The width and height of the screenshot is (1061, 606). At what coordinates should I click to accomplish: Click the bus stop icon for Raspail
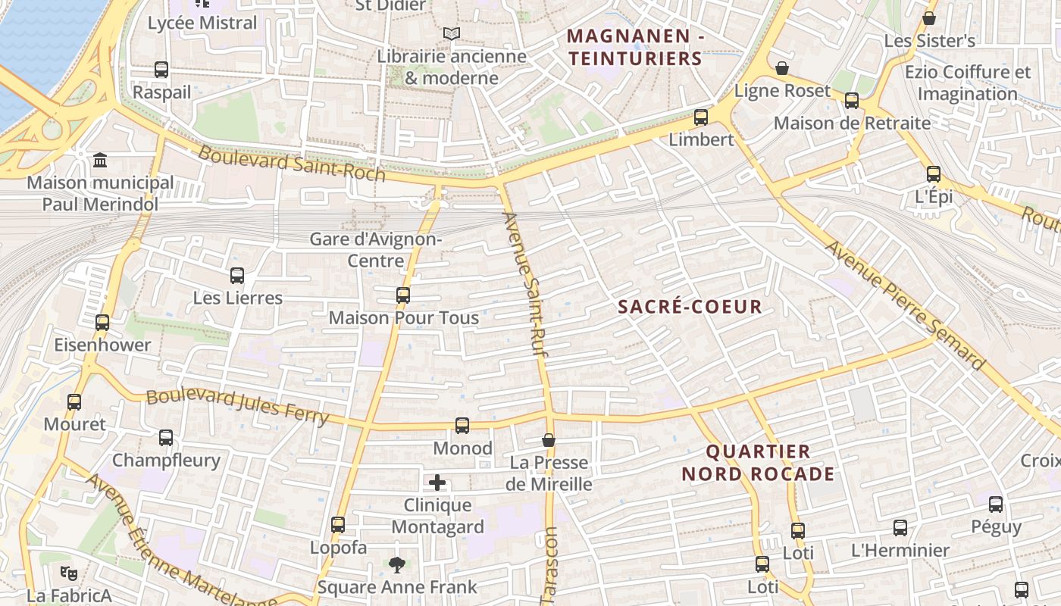(x=161, y=70)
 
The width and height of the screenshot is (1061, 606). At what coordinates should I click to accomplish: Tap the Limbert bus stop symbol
(x=701, y=117)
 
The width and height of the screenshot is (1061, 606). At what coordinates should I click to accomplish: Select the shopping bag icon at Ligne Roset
(x=782, y=69)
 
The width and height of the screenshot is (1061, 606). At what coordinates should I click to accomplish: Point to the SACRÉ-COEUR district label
(x=690, y=307)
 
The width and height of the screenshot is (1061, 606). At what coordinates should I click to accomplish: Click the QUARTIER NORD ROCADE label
(x=758, y=463)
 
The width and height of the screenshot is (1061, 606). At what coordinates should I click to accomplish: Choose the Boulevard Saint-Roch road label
(x=292, y=164)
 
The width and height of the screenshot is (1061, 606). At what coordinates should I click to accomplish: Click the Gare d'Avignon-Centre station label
(x=375, y=250)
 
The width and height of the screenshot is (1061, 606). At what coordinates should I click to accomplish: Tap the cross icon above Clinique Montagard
(x=437, y=483)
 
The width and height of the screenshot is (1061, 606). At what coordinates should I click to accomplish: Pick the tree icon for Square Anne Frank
(x=396, y=564)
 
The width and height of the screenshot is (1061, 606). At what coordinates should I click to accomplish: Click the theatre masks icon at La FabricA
(x=69, y=573)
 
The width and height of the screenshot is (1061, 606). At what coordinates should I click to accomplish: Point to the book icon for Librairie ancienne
(x=452, y=34)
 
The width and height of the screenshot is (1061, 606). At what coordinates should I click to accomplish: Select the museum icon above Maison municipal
(x=100, y=161)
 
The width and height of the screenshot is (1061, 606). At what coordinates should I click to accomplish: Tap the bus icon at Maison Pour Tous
(x=403, y=295)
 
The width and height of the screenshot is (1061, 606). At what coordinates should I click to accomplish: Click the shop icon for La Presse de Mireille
(x=549, y=440)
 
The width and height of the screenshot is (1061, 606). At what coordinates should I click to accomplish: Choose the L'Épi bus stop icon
(x=934, y=174)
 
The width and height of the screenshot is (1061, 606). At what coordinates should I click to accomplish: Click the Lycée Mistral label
(x=202, y=23)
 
